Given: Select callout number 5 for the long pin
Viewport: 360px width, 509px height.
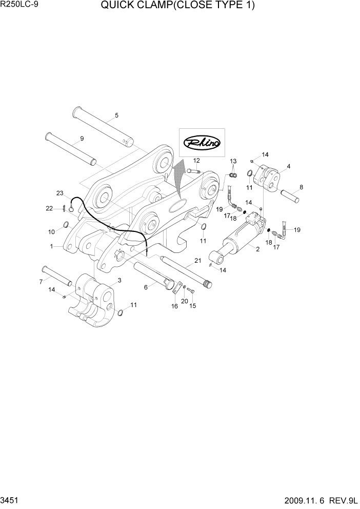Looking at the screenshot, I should point(116,115).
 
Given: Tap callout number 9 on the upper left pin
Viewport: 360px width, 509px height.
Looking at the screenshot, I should point(82,139).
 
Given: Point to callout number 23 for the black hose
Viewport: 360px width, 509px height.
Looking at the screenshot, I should point(60,193).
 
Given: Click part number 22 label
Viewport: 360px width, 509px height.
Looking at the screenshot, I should point(49,208).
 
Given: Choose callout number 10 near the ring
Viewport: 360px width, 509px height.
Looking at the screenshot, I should point(51,232).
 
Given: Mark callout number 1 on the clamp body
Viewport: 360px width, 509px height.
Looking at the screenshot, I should point(51,246).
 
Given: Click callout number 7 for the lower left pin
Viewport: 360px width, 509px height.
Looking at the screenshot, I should point(41,281).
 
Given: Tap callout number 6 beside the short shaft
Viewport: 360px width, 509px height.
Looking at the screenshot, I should point(146,287).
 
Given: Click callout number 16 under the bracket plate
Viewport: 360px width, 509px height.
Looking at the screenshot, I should point(174,306).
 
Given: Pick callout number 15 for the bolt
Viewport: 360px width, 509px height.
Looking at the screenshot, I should point(193,306).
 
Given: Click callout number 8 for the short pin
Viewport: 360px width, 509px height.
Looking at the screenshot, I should point(301,187).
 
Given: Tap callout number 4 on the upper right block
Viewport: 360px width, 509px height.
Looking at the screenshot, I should point(289,166).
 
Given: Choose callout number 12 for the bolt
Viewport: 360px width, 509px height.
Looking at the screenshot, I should point(196,161).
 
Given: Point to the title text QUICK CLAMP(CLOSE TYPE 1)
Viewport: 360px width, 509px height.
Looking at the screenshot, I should point(178,6).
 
